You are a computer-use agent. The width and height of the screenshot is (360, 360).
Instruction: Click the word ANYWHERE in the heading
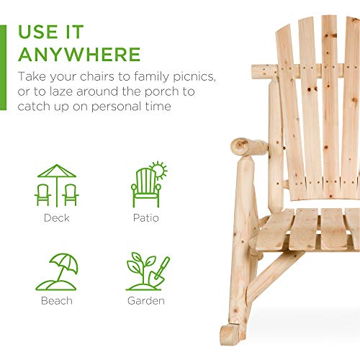(x=79, y=55)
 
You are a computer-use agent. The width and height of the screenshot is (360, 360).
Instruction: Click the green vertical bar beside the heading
(x=3, y=68)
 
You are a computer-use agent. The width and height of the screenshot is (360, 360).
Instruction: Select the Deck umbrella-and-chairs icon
(x=57, y=186)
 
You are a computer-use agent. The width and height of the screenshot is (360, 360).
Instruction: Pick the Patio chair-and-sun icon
(x=149, y=184)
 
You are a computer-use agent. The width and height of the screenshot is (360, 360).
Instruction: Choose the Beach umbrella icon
(x=57, y=271)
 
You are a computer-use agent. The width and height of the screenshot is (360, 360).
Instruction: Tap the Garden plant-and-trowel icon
(x=148, y=271)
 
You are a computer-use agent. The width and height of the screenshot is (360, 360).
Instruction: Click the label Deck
(x=57, y=218)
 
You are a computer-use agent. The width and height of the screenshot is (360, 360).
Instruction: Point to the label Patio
(x=146, y=218)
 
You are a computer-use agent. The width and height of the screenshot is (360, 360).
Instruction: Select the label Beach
(x=57, y=301)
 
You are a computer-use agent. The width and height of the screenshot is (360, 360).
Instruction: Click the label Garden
(x=146, y=301)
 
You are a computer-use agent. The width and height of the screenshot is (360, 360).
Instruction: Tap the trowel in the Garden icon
(x=159, y=272)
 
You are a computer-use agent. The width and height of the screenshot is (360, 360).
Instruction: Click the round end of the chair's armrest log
(x=240, y=146)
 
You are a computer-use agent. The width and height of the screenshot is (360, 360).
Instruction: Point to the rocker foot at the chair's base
(x=230, y=334)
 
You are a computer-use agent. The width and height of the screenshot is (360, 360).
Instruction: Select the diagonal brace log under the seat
(x=274, y=276)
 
